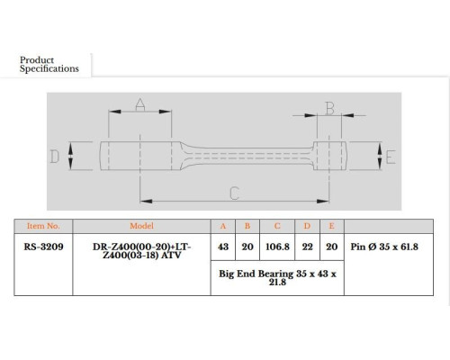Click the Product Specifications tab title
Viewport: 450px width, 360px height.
pyautogui.click(x=49, y=64)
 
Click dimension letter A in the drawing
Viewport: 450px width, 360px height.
pyautogui.click(x=140, y=104)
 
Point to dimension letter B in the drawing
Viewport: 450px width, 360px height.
pyautogui.click(x=329, y=108)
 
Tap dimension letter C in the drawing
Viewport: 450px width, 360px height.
pyautogui.click(x=234, y=193)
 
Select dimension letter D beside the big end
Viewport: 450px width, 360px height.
pyautogui.click(x=55, y=157)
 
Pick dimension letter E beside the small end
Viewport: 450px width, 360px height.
pyautogui.click(x=391, y=157)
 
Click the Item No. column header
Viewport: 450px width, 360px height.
pyautogui.click(x=43, y=226)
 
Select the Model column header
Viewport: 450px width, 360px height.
pyautogui.click(x=141, y=226)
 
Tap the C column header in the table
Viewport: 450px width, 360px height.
pyautogui.click(x=277, y=226)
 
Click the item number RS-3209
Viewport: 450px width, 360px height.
pyautogui.click(x=43, y=247)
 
